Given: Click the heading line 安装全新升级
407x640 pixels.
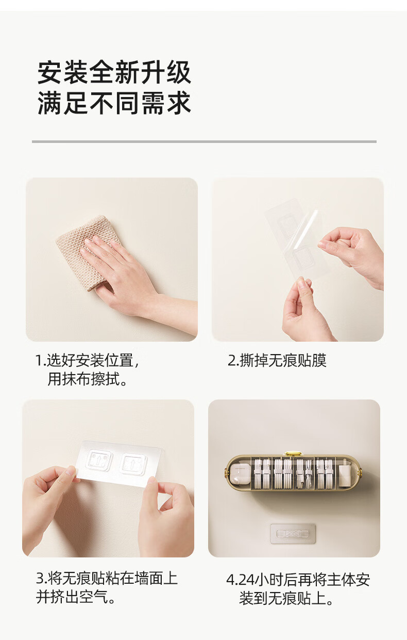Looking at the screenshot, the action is point(114,72).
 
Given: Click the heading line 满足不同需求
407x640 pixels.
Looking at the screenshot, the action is point(114,103).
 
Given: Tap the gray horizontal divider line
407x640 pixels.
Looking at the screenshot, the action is point(204,141).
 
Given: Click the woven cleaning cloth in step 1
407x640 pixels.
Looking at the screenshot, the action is point(86,251).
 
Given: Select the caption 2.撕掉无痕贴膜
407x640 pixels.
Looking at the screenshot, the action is point(277,360).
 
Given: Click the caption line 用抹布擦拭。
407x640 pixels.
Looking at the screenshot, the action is point(87,379).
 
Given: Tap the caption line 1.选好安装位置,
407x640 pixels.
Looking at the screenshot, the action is point(87,360).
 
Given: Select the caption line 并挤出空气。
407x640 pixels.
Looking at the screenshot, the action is point(75,597).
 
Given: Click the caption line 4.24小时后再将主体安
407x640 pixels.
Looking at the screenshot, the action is point(298,580).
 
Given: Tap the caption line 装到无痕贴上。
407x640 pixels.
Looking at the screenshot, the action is point(286,598).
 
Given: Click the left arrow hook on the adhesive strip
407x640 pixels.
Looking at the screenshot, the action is point(99,460).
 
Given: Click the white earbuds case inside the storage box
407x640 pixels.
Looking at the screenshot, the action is point(241,474).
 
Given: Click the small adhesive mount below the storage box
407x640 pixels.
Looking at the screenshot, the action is point(293,534).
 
